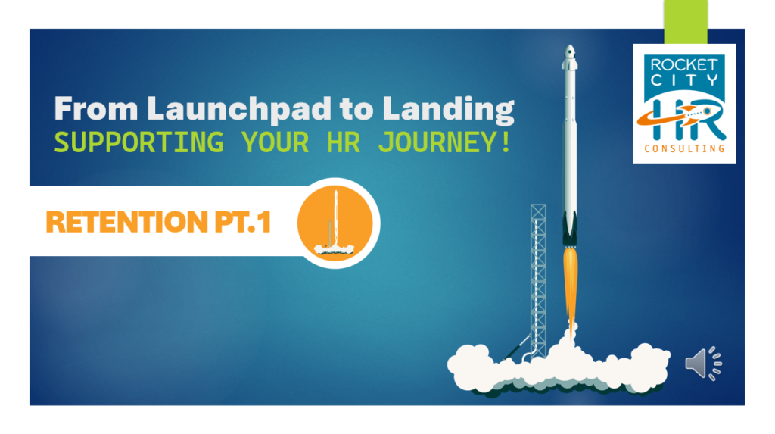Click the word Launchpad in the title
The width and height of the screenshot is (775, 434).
point(239,109)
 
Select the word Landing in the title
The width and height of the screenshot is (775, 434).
point(448,109)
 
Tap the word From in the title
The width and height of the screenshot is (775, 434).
point(96,108)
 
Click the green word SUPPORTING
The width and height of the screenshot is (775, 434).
point(139,142)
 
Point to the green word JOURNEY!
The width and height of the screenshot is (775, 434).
point(444,142)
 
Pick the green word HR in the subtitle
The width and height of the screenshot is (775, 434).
point(344,142)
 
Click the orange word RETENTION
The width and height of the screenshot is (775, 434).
point(126,222)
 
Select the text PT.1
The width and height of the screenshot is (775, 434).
point(243,222)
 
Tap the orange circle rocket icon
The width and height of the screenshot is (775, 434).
point(335,223)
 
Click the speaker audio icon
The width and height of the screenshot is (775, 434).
point(703,364)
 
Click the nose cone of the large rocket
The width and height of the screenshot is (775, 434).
point(570,52)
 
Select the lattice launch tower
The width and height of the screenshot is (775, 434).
point(538,280)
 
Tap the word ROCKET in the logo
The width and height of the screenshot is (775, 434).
point(684,65)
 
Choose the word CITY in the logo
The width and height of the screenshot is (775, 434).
point(684,80)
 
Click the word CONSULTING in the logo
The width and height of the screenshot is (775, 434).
point(684,148)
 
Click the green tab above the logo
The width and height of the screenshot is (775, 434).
point(686,22)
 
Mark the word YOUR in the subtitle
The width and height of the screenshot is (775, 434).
point(275,142)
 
